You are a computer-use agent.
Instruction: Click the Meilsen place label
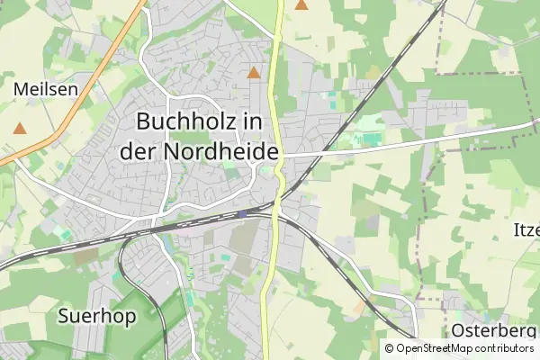(46, 89)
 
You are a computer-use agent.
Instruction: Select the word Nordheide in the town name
(221, 151)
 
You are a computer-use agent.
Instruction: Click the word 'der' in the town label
(139, 151)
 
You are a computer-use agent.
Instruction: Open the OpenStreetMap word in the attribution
(437, 348)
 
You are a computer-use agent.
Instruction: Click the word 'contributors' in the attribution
(506, 348)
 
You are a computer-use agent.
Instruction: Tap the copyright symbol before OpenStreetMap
(390, 348)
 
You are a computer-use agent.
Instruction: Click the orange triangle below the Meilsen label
(20, 129)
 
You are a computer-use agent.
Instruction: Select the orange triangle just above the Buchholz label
(255, 72)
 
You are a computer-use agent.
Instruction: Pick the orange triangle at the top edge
(301, 4)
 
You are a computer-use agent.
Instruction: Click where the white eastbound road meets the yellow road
(283, 155)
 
